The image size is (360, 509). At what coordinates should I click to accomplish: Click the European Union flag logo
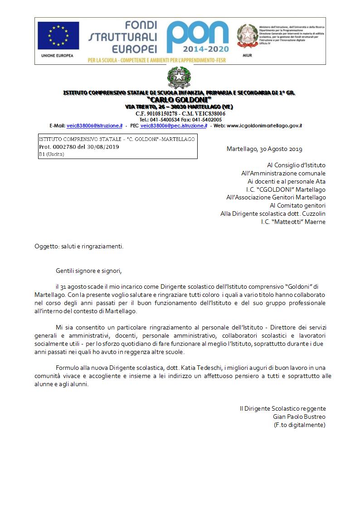point(58,36)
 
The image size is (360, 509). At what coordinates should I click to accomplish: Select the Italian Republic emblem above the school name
point(180,78)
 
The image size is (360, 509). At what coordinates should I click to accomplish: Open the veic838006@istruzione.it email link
point(94,126)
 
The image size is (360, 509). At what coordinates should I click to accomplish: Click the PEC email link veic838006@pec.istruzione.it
point(174,126)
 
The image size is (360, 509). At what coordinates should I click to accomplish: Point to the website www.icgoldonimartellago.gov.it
point(264,126)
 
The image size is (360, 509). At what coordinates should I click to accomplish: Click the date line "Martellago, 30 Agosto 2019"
point(264,149)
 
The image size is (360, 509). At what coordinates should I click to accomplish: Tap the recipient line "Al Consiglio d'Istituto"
point(297,165)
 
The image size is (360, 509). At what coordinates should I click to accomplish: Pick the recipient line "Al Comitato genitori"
point(297,205)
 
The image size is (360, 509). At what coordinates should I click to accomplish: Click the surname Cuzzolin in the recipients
point(312,213)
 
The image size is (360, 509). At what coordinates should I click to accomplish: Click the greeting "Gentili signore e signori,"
point(89,271)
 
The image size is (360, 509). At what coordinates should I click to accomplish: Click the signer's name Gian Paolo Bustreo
point(299,417)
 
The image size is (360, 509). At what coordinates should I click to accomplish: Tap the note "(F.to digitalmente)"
point(300,425)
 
